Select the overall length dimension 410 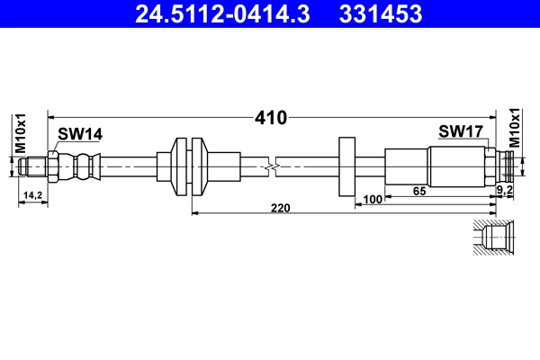(270, 117)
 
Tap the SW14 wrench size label (80, 134)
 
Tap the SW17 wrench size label (462, 132)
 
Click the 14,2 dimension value (33, 195)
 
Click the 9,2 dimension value (505, 191)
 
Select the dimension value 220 (281, 207)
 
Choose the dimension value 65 (418, 191)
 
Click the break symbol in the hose (274, 166)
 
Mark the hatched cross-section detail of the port (493, 238)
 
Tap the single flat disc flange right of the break (346, 166)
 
